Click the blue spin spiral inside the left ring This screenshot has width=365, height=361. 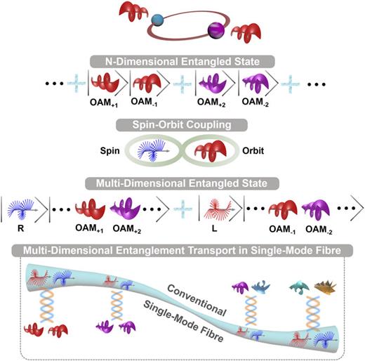[154, 148]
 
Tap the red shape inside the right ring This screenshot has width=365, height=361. [210, 148]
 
